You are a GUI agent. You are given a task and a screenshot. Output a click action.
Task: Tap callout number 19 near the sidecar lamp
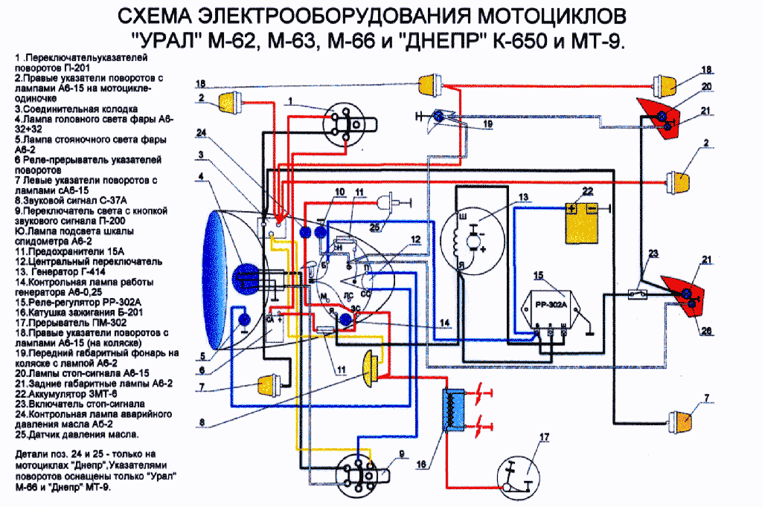(x=487, y=124)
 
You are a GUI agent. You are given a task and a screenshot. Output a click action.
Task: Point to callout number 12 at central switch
(x=415, y=240)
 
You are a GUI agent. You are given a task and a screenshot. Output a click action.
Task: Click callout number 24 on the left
(x=201, y=134)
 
